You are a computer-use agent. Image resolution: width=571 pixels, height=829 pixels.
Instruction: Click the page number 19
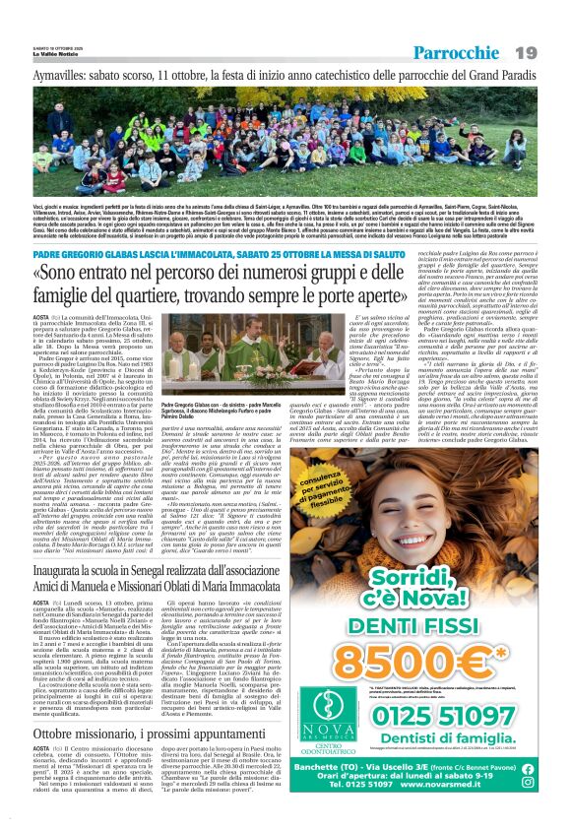pyautogui.click(x=549, y=51)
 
